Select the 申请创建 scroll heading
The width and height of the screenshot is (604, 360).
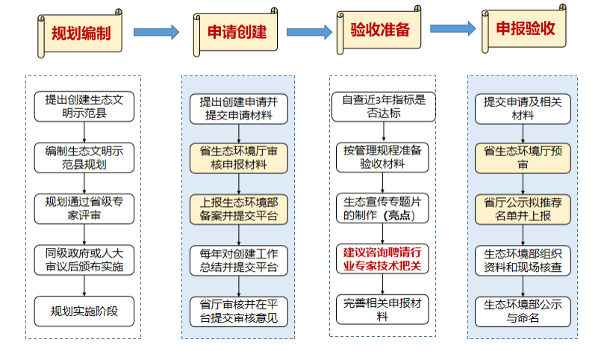236,32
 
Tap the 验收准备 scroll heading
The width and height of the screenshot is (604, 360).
380,30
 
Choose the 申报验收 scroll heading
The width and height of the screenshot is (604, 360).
526,29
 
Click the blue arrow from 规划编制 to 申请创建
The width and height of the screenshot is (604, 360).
156,32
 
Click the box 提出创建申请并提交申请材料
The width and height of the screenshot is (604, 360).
238,109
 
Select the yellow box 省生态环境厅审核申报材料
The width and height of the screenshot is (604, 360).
238,158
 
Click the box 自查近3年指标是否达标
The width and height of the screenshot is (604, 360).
383,106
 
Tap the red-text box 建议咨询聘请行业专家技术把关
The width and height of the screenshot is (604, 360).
383,258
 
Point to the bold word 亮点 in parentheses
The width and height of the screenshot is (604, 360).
405,215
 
